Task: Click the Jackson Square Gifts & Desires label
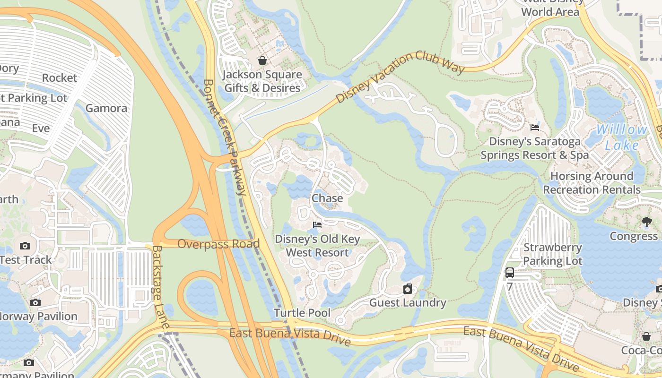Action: [262, 81]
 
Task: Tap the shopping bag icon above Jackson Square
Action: [262, 60]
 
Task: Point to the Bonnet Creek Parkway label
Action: [225, 137]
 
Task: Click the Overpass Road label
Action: [218, 244]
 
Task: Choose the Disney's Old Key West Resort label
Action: [317, 246]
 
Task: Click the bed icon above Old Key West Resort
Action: [317, 225]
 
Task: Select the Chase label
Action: [327, 198]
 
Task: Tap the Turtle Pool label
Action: [302, 313]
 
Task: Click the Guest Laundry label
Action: [408, 302]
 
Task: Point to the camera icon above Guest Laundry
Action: [408, 288]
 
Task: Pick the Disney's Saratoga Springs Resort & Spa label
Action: [535, 148]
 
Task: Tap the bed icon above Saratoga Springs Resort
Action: [535, 127]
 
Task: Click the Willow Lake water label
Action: [621, 137]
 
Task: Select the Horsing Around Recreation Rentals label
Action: [592, 183]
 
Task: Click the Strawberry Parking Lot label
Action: [552, 254]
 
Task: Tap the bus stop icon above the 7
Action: [509, 272]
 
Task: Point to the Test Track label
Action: [26, 259]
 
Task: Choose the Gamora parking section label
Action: [106, 108]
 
